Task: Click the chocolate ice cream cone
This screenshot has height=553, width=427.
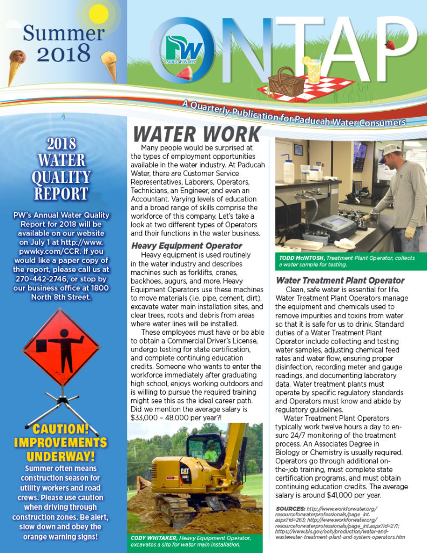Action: tap(18, 60)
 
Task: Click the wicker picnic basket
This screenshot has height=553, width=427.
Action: tap(286, 82)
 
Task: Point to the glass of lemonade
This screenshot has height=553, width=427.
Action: tap(312, 70)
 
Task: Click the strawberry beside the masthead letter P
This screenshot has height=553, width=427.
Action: tap(390, 45)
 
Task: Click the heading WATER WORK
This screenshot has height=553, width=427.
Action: tap(196, 134)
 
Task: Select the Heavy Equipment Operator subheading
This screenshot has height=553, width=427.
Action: tap(187, 246)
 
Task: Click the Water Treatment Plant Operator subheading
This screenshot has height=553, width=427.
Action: tap(340, 280)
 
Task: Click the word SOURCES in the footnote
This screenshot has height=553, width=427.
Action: tap(290, 509)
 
